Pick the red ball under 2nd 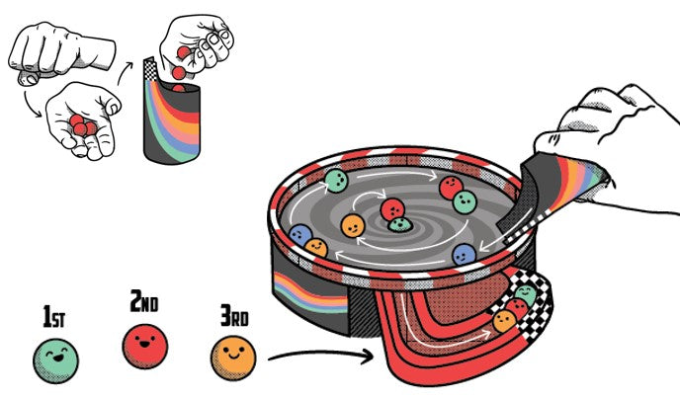146,344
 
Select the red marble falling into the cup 179,72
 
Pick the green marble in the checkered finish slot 527,295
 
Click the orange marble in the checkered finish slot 504,320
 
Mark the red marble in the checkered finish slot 517,308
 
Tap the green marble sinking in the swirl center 398,226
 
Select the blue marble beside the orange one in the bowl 300,236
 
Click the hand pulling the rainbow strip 613,138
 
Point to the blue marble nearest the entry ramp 463,254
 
